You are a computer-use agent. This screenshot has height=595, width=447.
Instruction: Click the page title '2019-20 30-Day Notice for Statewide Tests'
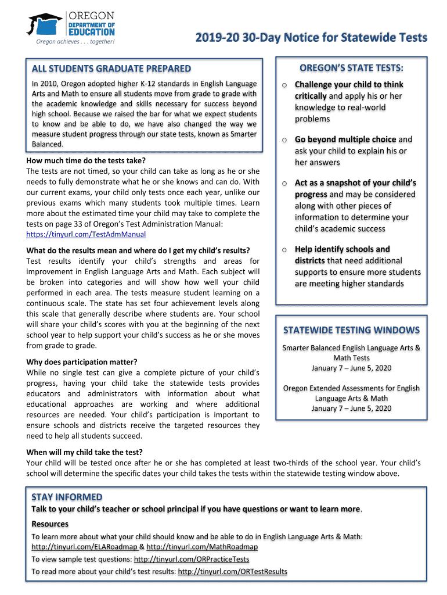(x=311, y=38)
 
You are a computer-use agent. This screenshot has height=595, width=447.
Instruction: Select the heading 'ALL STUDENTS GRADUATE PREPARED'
(x=111, y=69)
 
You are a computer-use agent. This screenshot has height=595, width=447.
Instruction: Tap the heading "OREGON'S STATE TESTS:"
(x=351, y=68)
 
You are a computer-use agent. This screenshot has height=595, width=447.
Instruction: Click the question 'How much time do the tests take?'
(x=86, y=160)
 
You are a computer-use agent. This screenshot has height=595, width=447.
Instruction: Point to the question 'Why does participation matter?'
(x=82, y=361)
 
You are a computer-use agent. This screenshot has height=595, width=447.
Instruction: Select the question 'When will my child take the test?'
(x=85, y=452)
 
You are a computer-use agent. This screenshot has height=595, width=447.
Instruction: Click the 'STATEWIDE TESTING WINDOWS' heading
(x=351, y=330)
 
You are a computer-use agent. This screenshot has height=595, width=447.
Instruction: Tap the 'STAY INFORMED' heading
(x=67, y=497)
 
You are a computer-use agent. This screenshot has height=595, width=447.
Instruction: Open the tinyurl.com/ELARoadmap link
(x=84, y=547)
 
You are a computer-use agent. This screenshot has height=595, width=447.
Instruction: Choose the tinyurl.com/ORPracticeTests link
(x=191, y=559)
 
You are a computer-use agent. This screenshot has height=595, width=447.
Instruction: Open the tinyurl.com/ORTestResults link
(x=232, y=571)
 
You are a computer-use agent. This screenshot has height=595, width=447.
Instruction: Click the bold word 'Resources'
(x=50, y=524)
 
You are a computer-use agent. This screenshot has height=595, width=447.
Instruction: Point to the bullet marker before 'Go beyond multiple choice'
(x=284, y=140)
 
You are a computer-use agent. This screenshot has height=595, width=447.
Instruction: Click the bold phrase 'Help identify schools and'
(x=342, y=249)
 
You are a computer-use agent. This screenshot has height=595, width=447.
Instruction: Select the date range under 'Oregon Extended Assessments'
(x=351, y=408)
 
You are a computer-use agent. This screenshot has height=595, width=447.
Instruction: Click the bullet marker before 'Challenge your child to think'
(x=284, y=85)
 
